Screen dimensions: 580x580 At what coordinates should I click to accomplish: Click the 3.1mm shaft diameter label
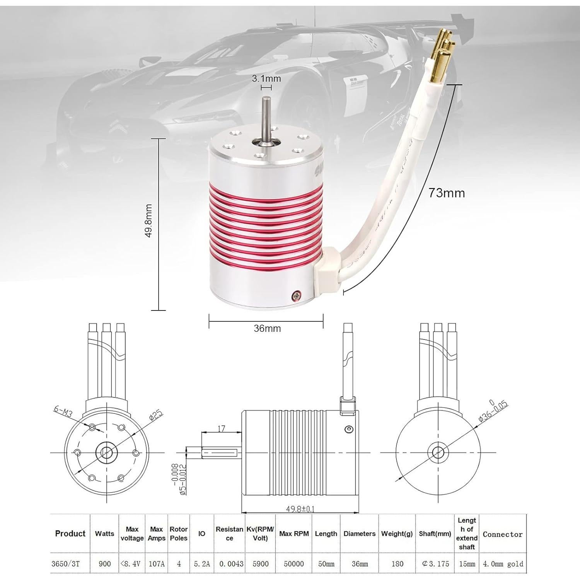266,78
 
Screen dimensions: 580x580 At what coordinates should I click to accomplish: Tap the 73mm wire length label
446,193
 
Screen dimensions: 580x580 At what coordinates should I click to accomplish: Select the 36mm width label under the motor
267,328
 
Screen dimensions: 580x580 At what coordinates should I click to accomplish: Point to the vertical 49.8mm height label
148,220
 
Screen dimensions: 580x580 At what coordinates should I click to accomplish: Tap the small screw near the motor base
296,296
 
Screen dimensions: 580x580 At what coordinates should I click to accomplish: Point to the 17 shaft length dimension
222,428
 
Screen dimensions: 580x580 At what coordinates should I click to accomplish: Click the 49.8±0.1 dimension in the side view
300,509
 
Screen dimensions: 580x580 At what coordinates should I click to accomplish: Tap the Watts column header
104,534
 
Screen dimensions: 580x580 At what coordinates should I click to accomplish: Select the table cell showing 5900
260,564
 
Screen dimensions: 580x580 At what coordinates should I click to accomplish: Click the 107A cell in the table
157,564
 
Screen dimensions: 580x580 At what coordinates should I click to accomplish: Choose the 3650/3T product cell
65,564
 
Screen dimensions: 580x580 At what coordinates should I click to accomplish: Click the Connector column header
502,534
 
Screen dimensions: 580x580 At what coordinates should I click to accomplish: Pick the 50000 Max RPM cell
294,564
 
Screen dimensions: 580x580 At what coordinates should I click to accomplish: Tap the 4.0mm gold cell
503,564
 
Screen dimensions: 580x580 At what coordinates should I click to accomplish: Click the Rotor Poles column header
179,534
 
